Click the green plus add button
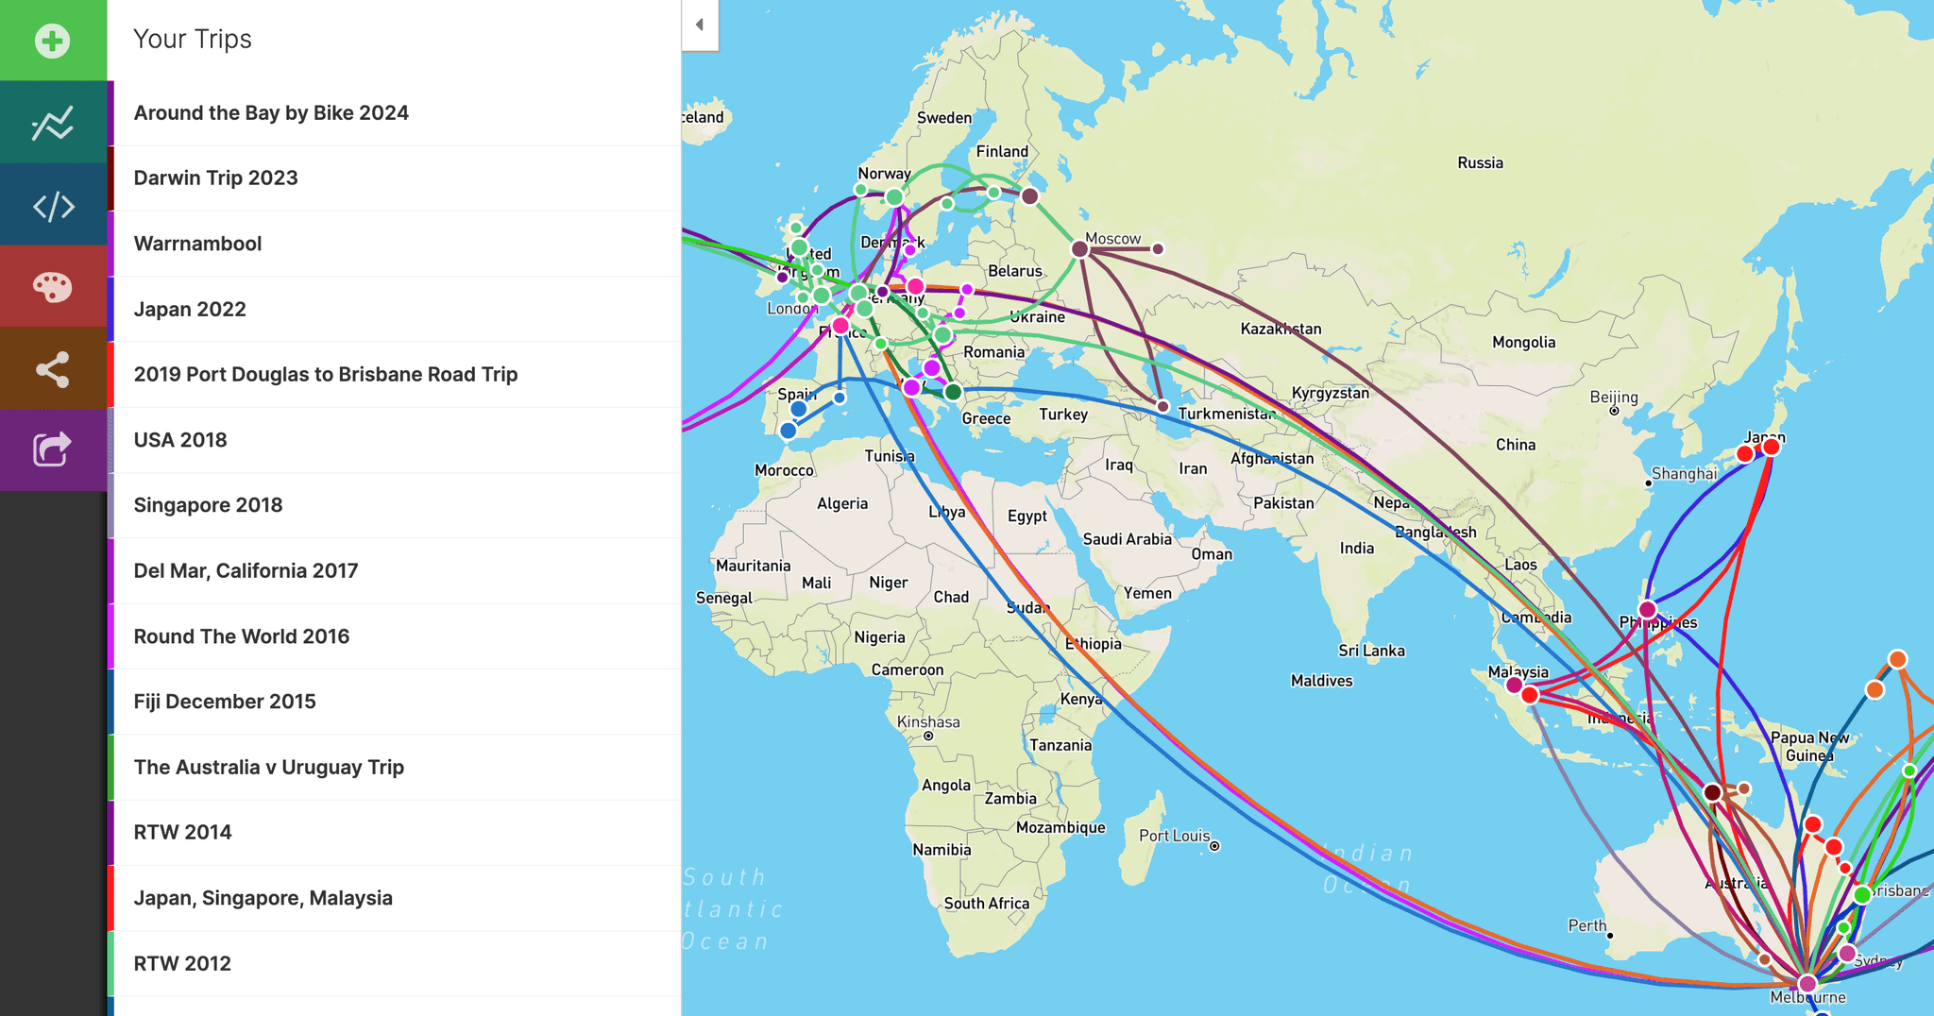click(x=53, y=41)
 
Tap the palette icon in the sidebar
click(x=53, y=286)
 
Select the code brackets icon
click(x=53, y=206)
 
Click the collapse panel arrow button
click(x=700, y=25)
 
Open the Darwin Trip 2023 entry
click(x=215, y=178)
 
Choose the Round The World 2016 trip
click(x=241, y=636)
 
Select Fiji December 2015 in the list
click(x=225, y=702)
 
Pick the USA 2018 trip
click(x=180, y=440)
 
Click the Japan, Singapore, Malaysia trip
click(x=263, y=898)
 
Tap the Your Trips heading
click(x=193, y=39)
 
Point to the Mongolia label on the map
click(x=1523, y=342)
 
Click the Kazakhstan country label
click(x=1281, y=329)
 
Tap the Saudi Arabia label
click(x=1127, y=539)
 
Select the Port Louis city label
click(x=1174, y=836)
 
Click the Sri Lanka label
click(x=1371, y=651)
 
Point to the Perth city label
click(x=1586, y=925)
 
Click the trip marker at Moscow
click(x=1080, y=249)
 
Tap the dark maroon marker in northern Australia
click(x=1712, y=792)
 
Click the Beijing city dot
click(x=1614, y=411)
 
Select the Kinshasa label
click(x=927, y=722)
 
